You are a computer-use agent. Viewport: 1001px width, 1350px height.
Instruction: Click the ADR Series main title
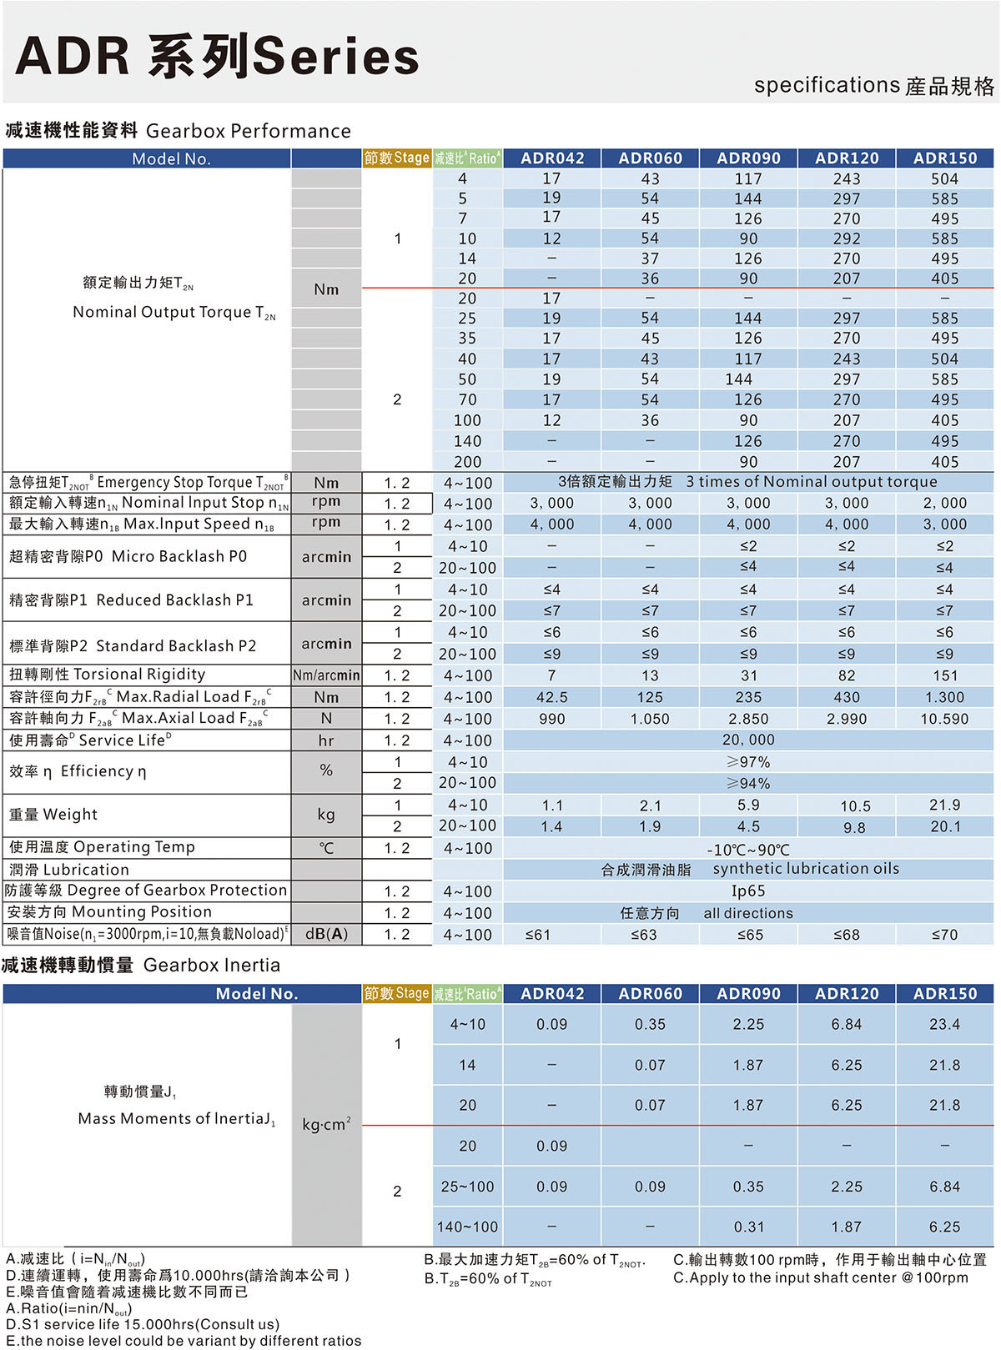point(218,57)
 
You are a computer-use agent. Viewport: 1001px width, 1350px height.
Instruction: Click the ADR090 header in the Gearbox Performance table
point(748,158)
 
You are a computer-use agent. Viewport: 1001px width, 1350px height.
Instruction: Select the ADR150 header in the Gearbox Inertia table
point(944,993)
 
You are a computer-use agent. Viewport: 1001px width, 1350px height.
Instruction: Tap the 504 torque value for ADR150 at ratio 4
point(944,178)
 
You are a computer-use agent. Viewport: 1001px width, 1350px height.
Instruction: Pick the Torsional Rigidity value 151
point(944,675)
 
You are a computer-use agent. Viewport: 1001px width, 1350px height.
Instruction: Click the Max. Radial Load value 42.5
point(551,697)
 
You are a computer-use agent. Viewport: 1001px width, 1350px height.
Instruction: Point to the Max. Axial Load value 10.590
point(944,719)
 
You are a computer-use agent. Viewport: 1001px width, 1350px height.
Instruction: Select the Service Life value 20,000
point(748,740)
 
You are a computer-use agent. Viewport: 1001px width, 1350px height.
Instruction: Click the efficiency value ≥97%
point(748,762)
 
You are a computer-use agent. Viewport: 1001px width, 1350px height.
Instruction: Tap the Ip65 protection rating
point(748,891)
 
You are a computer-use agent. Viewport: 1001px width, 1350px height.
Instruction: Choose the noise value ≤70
point(944,935)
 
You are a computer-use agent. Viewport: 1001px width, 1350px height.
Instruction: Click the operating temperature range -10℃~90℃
point(748,849)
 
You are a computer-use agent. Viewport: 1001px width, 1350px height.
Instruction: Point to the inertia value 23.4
point(944,1024)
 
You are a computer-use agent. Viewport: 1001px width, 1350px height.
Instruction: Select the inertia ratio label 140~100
point(467,1227)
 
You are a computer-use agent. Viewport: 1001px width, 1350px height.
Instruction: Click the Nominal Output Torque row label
point(174,312)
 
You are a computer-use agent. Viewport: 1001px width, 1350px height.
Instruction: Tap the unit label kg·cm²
point(326,1124)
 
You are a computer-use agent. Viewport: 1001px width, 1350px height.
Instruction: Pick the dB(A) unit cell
point(326,934)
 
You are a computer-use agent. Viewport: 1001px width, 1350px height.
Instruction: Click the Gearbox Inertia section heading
point(142,966)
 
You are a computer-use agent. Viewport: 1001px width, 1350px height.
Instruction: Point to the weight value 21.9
point(944,805)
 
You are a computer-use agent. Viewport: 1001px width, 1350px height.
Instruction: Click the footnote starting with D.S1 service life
point(143,1324)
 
